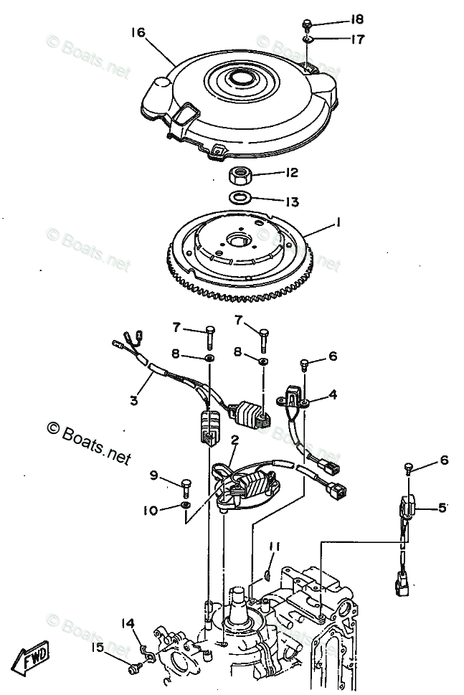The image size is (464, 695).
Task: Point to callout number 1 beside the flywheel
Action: (338, 224)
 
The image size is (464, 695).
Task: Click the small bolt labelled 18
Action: (306, 23)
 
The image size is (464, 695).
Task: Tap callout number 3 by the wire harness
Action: (134, 401)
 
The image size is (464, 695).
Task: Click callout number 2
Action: (235, 440)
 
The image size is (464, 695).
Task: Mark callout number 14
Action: (128, 623)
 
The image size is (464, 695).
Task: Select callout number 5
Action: (443, 508)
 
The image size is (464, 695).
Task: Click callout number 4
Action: (333, 394)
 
